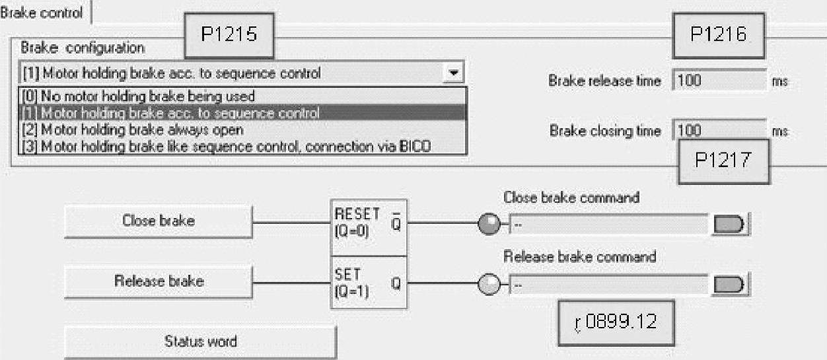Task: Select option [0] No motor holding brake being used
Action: click(138, 96)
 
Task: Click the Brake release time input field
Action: click(719, 81)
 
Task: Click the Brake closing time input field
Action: click(719, 131)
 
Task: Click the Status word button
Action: click(200, 342)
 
